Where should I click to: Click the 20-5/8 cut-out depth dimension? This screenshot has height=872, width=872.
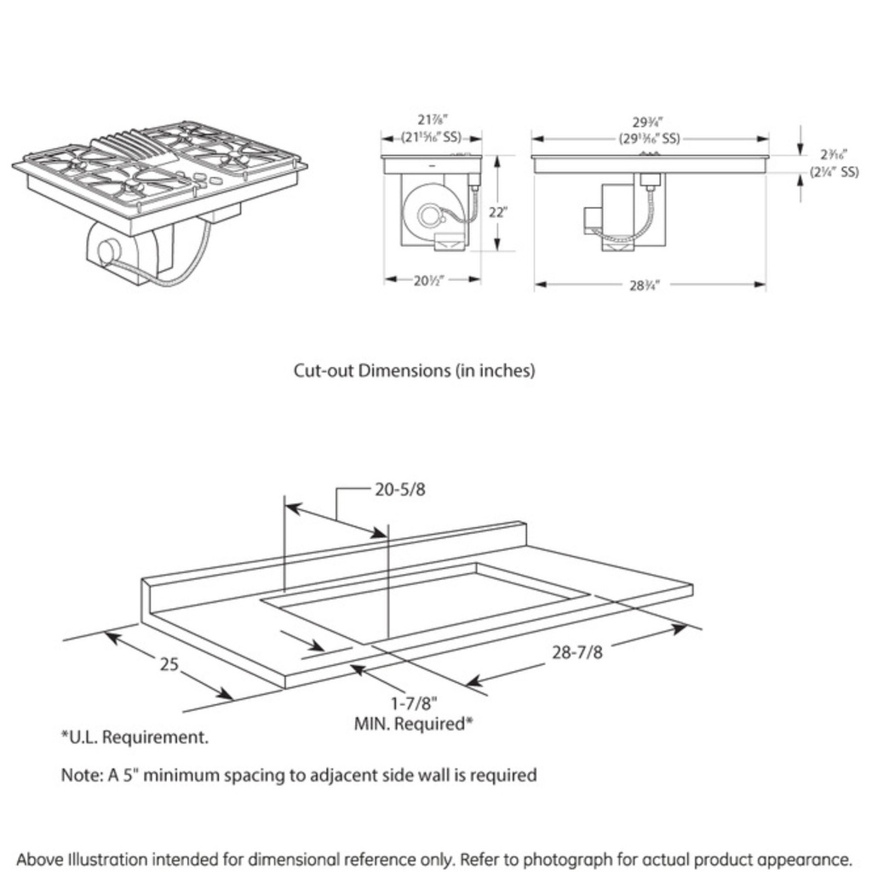399,490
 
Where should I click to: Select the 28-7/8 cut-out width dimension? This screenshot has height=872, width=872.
577,652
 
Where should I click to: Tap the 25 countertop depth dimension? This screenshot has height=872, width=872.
169,663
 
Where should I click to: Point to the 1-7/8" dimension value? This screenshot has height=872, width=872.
414,704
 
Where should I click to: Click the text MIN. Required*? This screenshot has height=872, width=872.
413,724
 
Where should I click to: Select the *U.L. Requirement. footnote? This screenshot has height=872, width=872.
134,737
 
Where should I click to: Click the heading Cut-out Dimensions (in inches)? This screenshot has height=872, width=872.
414,370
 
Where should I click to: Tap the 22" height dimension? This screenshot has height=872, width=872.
497,213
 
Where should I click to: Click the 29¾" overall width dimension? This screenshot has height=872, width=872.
649,123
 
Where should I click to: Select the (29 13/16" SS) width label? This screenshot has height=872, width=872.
649,138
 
